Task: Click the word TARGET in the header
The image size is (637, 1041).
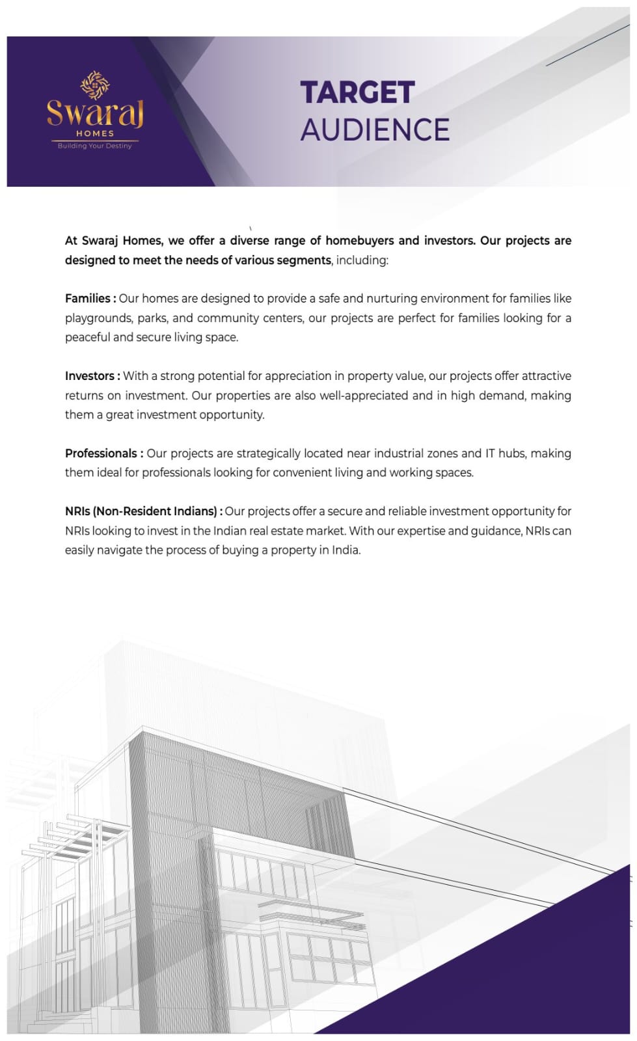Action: (357, 93)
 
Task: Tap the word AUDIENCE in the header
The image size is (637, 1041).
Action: (375, 130)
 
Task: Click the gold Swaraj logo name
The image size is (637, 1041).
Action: (95, 113)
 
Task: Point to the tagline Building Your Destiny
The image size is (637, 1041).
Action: (95, 146)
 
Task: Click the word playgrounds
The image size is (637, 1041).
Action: (98, 318)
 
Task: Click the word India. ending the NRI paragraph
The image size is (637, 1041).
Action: (346, 550)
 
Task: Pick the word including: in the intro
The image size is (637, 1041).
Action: (362, 260)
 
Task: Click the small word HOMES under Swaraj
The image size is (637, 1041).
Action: (95, 133)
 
